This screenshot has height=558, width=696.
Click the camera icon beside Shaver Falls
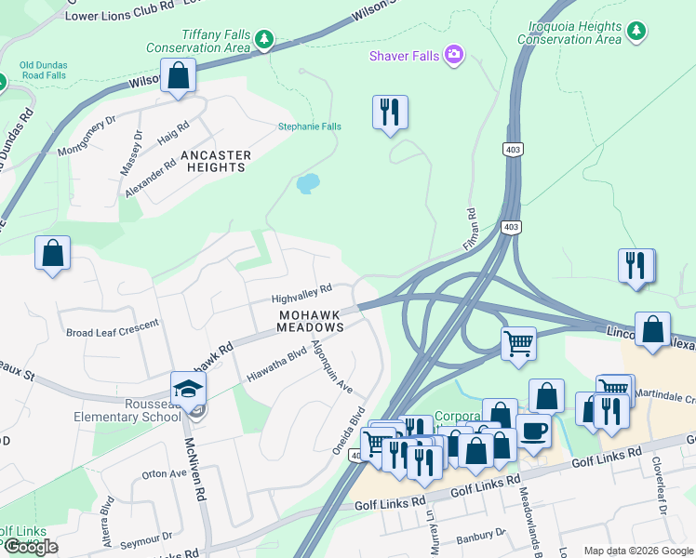coord(453,56)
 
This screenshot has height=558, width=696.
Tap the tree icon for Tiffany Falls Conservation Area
coord(265,39)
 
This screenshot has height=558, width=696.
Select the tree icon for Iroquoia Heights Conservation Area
coord(636,32)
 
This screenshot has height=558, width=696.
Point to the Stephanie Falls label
coord(310,126)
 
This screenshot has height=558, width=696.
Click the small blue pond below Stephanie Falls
coord(308,183)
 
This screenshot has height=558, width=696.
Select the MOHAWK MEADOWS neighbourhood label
coord(311,321)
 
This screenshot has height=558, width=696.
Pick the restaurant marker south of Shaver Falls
coord(389,113)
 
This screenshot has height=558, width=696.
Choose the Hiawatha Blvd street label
coord(276,365)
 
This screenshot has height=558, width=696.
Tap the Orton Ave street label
coord(165,473)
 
